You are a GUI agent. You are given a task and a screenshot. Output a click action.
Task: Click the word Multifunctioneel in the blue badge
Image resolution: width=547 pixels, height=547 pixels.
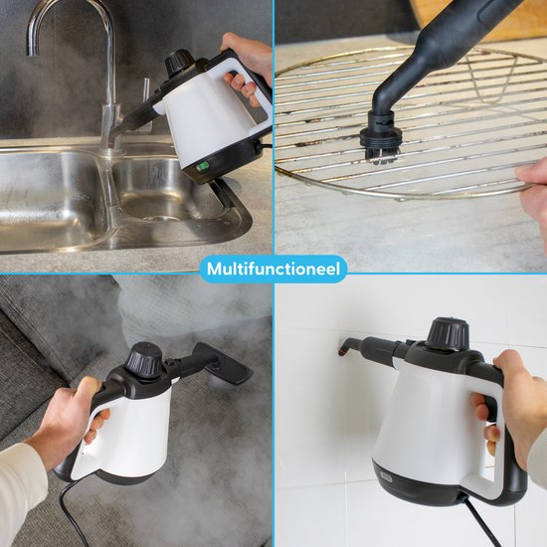pyautogui.click(x=273, y=269)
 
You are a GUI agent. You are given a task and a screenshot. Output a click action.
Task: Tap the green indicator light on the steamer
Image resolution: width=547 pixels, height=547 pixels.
pyautogui.click(x=202, y=167)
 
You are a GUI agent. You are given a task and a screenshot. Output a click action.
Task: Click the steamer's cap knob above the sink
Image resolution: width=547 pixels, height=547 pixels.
pyautogui.click(x=179, y=62)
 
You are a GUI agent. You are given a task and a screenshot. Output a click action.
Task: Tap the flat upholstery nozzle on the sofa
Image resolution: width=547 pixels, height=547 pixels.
pyautogui.click(x=222, y=363)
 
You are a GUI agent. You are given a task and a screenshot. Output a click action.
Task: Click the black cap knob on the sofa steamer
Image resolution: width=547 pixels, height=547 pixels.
pyautogui.click(x=144, y=357)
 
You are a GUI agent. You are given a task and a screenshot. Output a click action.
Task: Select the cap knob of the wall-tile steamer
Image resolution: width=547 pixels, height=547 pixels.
pyautogui.click(x=449, y=332)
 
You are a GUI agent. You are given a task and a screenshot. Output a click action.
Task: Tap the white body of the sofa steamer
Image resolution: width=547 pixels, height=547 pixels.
pyautogui.click(x=132, y=436)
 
